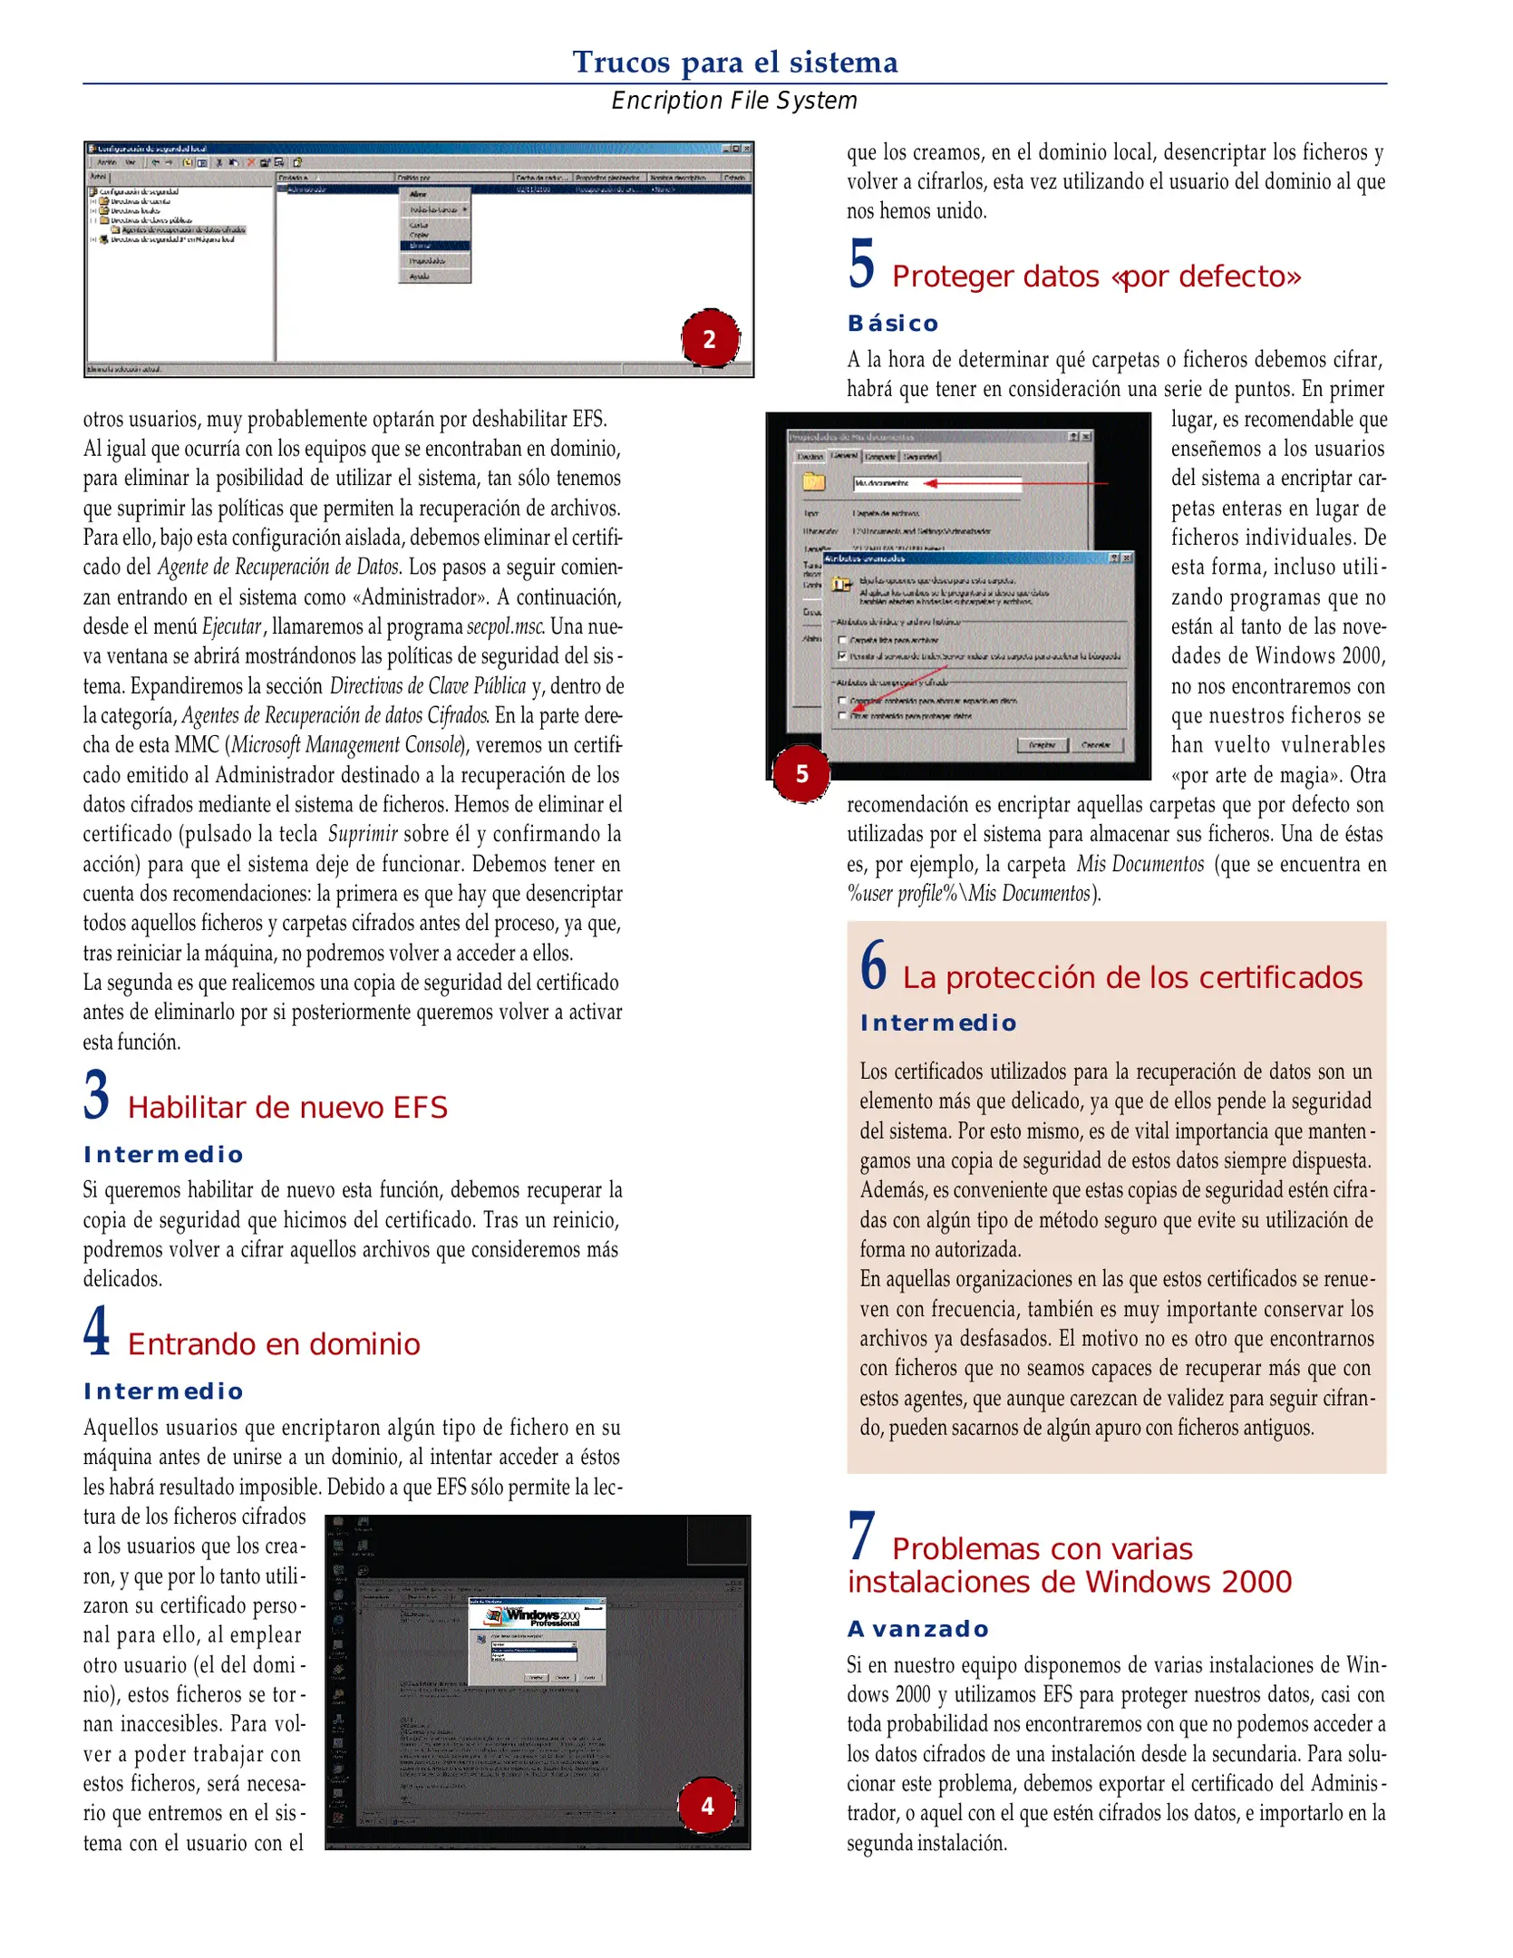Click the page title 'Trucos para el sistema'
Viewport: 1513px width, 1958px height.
coord(734,62)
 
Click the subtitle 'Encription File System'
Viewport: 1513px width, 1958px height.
coord(734,101)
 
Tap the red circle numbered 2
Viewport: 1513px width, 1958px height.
coord(710,339)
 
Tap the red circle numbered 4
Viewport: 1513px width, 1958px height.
coord(707,1806)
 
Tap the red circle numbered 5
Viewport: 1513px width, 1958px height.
coord(801,773)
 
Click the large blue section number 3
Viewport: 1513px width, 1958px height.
coord(97,1095)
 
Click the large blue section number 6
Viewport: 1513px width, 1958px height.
coord(873,965)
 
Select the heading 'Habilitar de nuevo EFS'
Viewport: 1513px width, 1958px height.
coord(287,1108)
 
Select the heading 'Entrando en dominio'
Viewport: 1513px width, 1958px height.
coord(274,1344)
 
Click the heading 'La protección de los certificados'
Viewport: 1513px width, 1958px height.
coord(1132,977)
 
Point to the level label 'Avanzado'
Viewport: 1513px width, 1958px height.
coord(917,1629)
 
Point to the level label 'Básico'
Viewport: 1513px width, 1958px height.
coord(893,324)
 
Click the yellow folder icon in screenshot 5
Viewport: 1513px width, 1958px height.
coord(814,481)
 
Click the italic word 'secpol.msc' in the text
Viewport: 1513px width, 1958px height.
coord(505,626)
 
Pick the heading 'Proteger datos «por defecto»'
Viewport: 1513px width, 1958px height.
coord(1096,276)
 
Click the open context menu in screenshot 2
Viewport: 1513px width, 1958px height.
coord(435,236)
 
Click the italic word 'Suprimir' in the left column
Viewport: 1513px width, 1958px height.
coord(363,834)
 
